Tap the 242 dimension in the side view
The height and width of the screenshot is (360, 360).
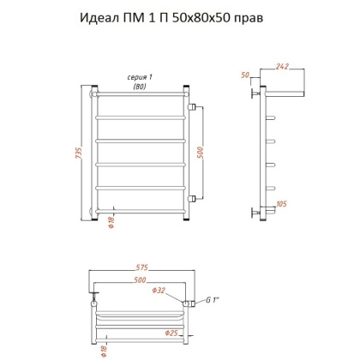283,66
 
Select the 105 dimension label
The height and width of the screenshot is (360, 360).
281,204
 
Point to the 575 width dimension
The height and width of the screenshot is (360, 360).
141,267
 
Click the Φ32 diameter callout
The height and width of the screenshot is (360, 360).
159,291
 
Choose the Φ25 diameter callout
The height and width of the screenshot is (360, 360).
171,333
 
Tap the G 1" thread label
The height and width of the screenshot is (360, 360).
213,300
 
